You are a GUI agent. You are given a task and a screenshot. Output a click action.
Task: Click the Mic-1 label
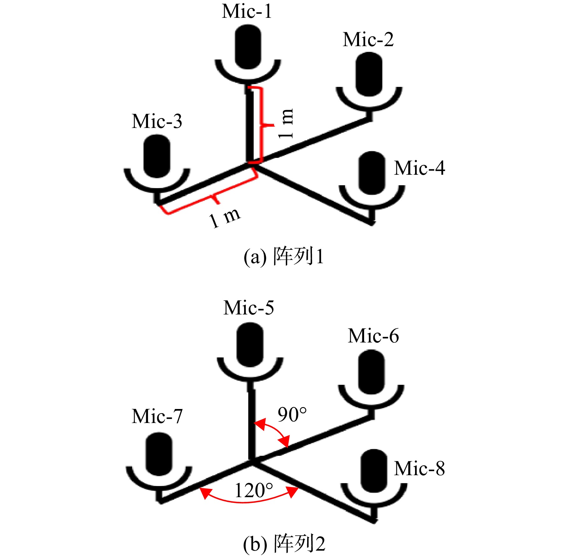pos(247,11)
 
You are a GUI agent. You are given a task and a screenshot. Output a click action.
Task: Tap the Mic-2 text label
pos(368,39)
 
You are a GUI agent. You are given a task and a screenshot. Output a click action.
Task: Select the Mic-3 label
pos(157,121)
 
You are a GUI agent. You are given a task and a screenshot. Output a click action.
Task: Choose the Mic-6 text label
pos(373,336)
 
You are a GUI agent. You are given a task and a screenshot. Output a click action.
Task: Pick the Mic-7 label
pos(157,416)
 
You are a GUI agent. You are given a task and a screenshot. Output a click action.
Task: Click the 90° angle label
pos(292,414)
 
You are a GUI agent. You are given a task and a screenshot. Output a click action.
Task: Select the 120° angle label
pos(254,490)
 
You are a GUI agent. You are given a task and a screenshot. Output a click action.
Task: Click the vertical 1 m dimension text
pos(286,123)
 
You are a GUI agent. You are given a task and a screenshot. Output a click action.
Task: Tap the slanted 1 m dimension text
pos(225,218)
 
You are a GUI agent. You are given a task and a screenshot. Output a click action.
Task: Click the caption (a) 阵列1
pos(284,256)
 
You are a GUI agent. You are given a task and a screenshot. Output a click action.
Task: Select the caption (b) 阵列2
pos(284,544)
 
